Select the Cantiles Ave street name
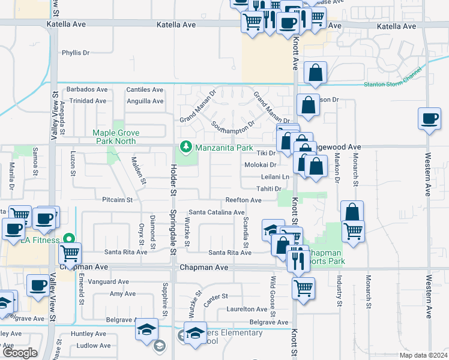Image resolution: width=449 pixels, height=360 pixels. pyautogui.click(x=145, y=90)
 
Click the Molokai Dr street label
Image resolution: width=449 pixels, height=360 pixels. pyautogui.click(x=260, y=165)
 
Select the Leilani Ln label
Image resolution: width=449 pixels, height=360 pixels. pyautogui.click(x=275, y=177)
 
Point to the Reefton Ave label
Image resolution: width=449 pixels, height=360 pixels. pyautogui.click(x=241, y=200)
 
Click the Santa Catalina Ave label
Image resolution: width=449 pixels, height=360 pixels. pyautogui.click(x=216, y=212)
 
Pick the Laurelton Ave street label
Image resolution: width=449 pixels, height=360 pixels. pyautogui.click(x=246, y=310)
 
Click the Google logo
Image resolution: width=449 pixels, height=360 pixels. pyautogui.click(x=20, y=353)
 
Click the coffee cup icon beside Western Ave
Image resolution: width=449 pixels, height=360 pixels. pyautogui.click(x=429, y=118)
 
